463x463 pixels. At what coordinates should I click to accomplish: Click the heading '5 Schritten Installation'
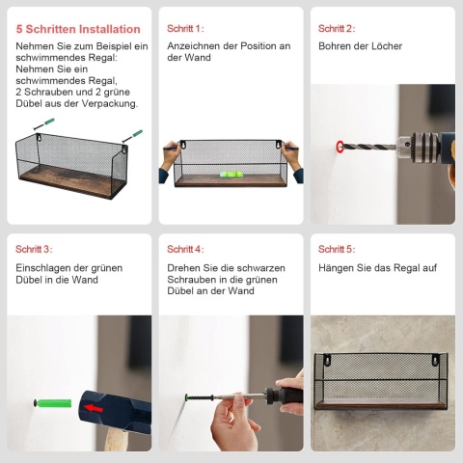[78, 29]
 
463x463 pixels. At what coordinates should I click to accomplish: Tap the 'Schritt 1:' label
[185, 29]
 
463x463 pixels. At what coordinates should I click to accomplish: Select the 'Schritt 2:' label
[337, 29]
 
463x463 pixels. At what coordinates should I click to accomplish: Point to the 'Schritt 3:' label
[34, 249]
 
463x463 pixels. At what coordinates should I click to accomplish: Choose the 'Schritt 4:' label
[185, 249]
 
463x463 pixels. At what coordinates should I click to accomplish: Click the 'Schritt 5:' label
[337, 249]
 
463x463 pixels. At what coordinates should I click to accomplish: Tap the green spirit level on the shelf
[231, 175]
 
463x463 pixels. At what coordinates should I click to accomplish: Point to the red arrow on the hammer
[94, 408]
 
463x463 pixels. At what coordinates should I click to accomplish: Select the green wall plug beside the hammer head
[54, 403]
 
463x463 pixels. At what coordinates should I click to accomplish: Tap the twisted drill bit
[369, 147]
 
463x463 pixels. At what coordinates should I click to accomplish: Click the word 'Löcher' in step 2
[387, 46]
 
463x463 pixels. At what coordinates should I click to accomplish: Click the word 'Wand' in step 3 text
[85, 280]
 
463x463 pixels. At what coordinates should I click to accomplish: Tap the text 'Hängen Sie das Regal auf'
[377, 268]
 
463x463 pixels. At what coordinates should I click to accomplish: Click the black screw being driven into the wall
[200, 398]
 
